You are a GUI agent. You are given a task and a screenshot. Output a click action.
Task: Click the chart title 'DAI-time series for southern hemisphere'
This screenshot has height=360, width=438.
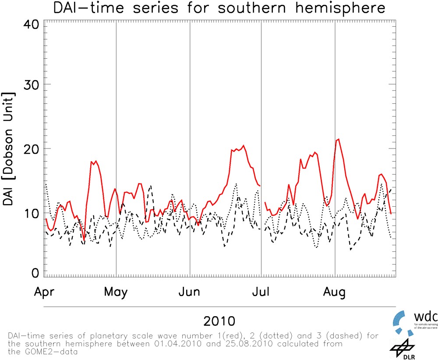coord(219,8)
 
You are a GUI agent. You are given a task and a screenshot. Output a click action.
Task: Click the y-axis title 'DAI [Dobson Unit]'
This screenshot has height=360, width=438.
coord(9,149)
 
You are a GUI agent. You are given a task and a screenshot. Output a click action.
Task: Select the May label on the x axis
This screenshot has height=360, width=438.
coord(116,292)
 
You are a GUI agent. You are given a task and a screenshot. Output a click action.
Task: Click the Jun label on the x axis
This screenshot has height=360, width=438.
coord(190,292)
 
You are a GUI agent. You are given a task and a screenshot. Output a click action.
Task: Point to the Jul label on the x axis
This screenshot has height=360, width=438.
coord(261,292)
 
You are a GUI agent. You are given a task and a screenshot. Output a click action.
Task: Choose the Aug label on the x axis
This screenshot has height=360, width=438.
coord(335,292)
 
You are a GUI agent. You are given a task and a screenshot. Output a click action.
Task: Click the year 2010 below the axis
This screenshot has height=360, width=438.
coord(219,321)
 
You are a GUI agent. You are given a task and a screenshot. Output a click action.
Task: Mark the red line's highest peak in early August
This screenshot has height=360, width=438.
coord(338,139)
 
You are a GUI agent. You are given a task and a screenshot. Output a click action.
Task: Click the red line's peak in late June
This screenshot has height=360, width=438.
coord(244,146)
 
